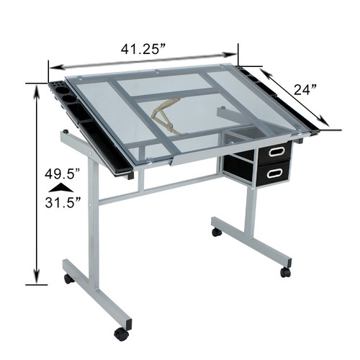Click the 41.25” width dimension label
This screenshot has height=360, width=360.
pos(143,50)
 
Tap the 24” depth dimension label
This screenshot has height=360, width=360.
pos(305,89)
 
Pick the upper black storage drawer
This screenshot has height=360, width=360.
pos(274,153)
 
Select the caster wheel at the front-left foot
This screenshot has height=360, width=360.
pos(122,333)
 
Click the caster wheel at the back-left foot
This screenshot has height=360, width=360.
pos(69,279)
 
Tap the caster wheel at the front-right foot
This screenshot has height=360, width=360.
pos(286,271)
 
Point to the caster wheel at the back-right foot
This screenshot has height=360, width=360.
pos(216,233)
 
